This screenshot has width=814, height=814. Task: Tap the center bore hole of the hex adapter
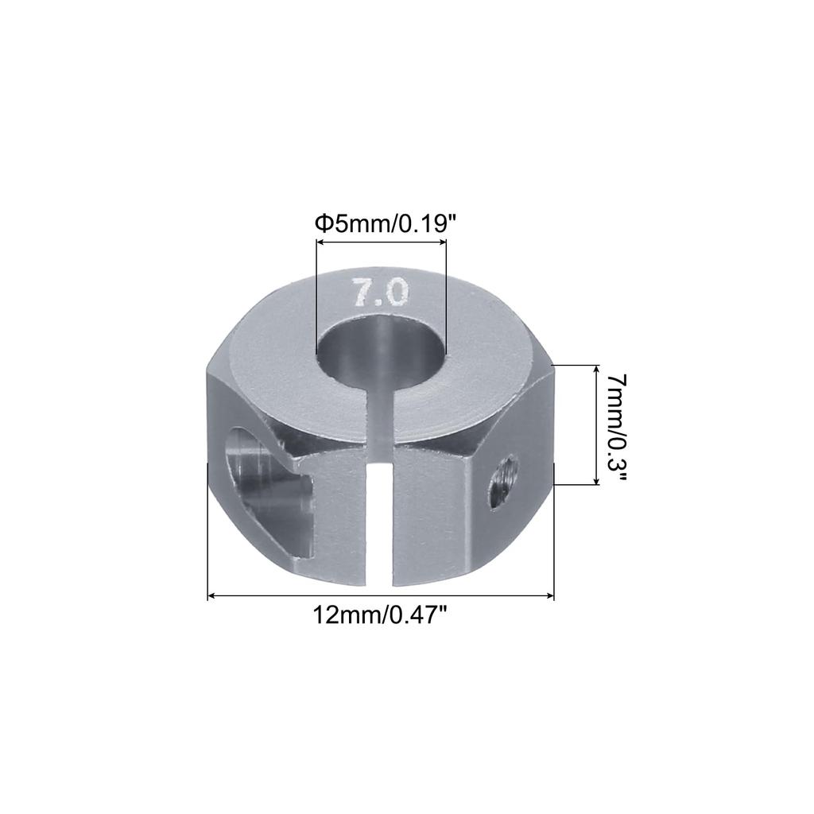coord(381,350)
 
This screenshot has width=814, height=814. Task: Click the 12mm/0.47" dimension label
coord(381,614)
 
